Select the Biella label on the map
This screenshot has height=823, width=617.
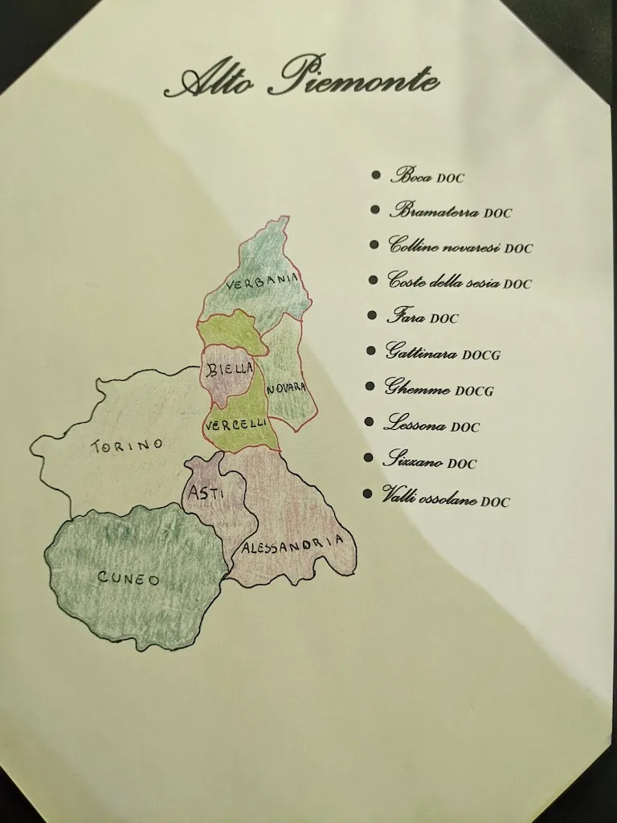229,371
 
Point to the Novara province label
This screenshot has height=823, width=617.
286,387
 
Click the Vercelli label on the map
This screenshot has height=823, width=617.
236,424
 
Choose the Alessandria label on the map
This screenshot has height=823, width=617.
296,546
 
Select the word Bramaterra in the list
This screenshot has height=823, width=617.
434,211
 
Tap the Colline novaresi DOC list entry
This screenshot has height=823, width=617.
460,246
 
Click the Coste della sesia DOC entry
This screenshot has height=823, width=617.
460,281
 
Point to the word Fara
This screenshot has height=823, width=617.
406,317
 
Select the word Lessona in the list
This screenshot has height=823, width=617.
415,424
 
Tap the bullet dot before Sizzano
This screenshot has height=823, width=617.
369,457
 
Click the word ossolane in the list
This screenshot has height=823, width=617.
449,499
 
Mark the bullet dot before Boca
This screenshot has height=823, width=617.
376,174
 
